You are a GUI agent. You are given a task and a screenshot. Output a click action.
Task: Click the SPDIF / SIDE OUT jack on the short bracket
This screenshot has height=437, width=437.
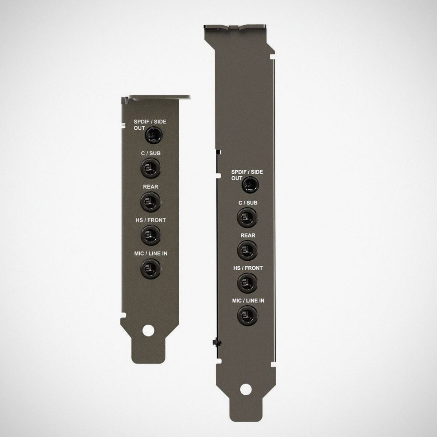[154, 135]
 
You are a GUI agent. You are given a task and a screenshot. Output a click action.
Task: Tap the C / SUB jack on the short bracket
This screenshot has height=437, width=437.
[151, 168]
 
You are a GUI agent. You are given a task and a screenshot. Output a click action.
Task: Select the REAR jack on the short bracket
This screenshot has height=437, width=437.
[151, 201]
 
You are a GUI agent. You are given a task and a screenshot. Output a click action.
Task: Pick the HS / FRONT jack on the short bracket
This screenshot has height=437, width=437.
[151, 235]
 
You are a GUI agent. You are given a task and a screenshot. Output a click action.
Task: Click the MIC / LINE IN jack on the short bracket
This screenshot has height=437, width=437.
[151, 268]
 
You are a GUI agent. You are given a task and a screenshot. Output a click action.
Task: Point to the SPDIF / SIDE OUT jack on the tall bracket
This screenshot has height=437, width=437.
[250, 185]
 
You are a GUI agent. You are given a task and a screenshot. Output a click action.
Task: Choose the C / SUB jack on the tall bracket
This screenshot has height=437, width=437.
[247, 217]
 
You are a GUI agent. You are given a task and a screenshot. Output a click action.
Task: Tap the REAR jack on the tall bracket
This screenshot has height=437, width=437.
[247, 250]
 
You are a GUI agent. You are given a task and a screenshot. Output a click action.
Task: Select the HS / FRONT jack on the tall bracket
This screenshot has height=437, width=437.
[247, 283]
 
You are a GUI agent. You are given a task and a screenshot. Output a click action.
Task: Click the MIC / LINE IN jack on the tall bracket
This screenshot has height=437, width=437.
[247, 315]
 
